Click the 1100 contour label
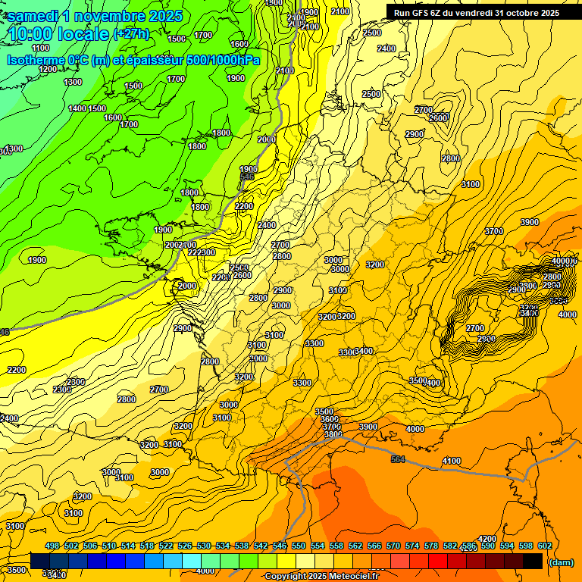(x=41, y=48)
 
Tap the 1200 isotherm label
(x=48, y=69)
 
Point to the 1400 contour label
(x=77, y=108)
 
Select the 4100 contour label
(x=452, y=461)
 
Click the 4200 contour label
(x=487, y=539)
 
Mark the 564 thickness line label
(x=398, y=459)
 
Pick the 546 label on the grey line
(x=247, y=177)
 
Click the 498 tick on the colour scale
(x=52, y=546)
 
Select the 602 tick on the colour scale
(x=544, y=546)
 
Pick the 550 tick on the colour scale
(x=298, y=546)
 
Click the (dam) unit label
(x=561, y=562)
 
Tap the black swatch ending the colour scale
(x=533, y=561)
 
